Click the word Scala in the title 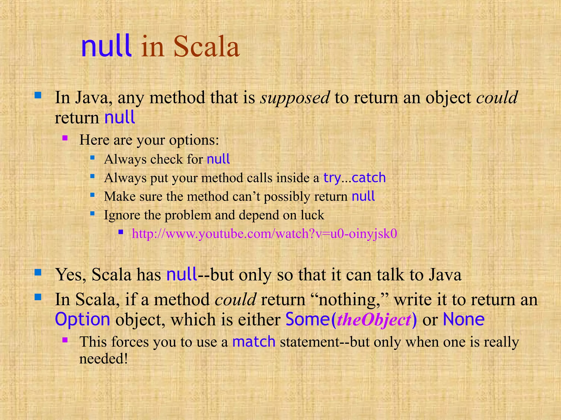point(207,47)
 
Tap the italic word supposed point(295,97)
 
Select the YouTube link point(264,234)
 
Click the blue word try point(332,178)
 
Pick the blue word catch point(369,178)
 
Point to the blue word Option point(82,319)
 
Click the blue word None point(463,319)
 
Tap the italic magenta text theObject point(374,320)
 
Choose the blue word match point(254,342)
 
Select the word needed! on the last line point(104,358)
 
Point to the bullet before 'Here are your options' point(65,138)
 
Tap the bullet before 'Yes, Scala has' point(38,272)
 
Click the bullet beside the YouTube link point(121,232)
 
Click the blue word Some point(307,319)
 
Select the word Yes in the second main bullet point(70,275)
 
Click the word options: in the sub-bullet point(194,140)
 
